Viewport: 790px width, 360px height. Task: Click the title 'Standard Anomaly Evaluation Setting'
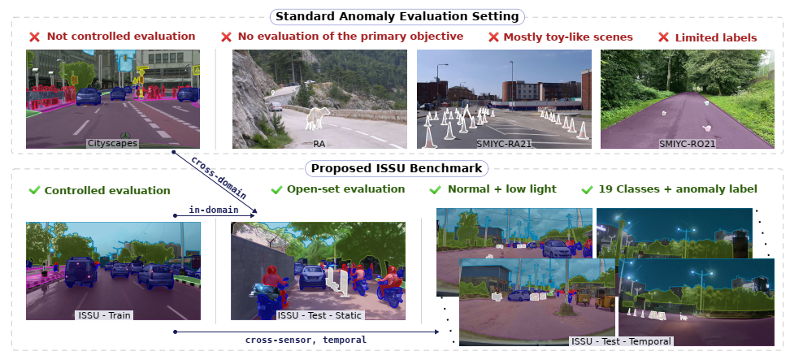[397, 16]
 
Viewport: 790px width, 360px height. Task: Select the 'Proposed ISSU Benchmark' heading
[397, 168]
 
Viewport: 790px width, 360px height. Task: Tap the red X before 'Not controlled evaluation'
[34, 37]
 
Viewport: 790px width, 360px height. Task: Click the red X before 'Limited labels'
[664, 37]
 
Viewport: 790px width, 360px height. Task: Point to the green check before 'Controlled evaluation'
[34, 190]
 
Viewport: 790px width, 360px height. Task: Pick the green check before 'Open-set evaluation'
[276, 190]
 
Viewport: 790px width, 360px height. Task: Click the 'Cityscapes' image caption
[112, 144]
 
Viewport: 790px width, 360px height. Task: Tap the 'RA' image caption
[319, 144]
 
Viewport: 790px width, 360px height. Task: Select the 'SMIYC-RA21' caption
[504, 144]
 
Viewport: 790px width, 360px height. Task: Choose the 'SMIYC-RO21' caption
[688, 144]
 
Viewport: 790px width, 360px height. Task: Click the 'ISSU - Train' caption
[104, 315]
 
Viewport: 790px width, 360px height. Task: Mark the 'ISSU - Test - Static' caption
[319, 315]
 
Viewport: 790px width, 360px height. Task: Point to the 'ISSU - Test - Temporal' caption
[621, 341]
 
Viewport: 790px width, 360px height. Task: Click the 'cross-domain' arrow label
[219, 178]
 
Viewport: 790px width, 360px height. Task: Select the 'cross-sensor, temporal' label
[306, 340]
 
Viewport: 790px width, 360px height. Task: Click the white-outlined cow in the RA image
[318, 119]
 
